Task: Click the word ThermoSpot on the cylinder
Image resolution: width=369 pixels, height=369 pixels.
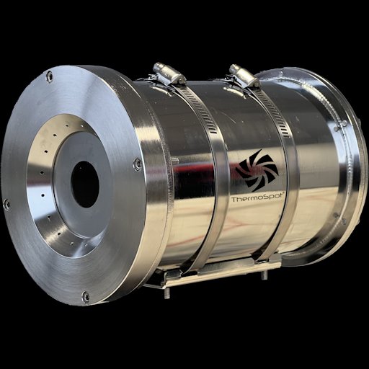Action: click(x=258, y=197)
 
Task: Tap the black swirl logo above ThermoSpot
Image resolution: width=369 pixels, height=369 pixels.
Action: click(x=257, y=170)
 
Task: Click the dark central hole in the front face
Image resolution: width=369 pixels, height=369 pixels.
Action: click(x=85, y=184)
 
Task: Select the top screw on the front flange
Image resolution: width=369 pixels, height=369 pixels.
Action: click(x=49, y=77)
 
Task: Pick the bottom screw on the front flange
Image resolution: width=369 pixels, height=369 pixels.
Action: click(x=85, y=297)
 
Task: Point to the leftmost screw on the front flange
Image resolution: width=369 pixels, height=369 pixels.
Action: click(x=6, y=205)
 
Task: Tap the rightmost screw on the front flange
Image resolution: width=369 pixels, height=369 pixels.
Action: click(x=138, y=164)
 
